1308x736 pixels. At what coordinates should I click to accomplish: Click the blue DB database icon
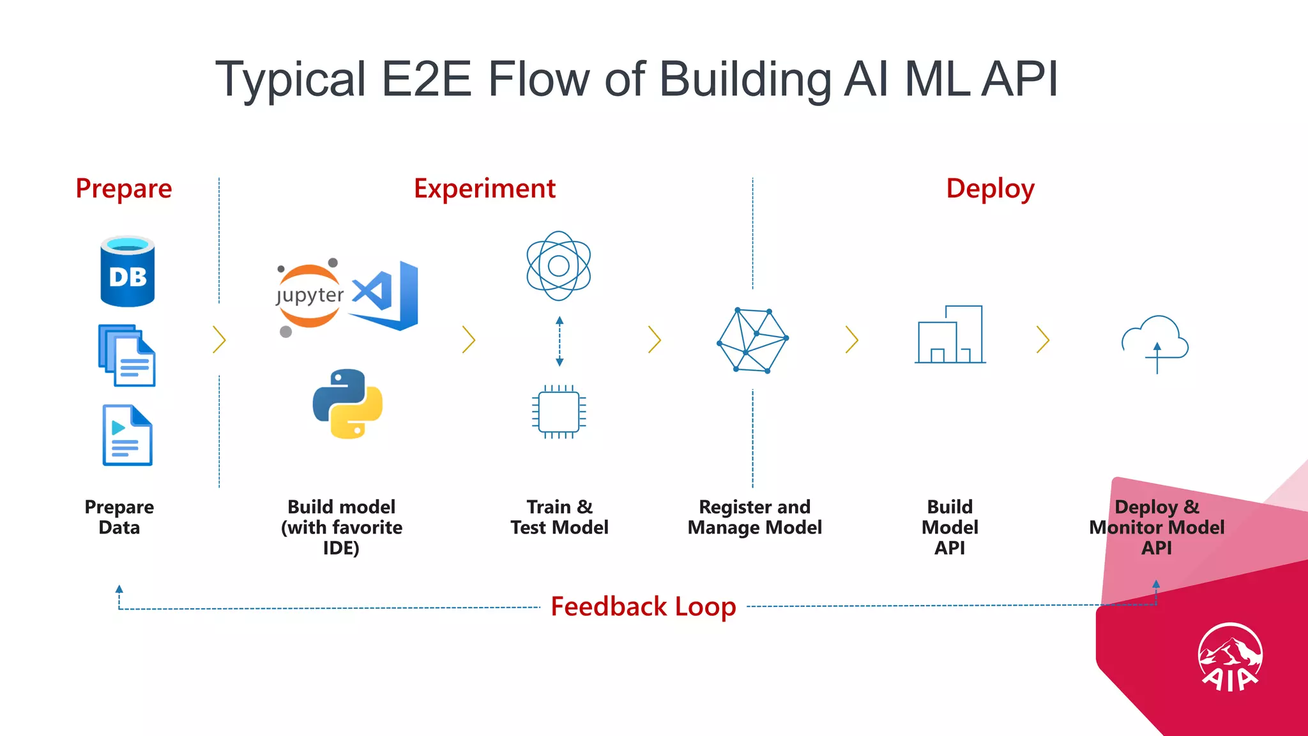coord(127,272)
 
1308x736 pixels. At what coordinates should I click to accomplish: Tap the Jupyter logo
coord(309,296)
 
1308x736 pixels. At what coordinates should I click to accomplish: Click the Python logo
coord(347,404)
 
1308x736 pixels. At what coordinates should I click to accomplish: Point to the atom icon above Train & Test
coord(558,266)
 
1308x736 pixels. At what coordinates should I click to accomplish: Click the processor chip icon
coord(559,412)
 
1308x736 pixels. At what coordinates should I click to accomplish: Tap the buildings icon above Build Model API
coord(950,335)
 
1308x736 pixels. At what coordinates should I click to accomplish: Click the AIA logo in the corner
coord(1229,658)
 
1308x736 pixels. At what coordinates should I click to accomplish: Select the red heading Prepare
coord(124,189)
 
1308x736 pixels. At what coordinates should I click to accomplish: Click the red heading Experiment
coord(484,189)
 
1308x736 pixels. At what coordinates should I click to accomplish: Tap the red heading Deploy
coord(990,189)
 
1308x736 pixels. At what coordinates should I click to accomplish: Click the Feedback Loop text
coord(643,606)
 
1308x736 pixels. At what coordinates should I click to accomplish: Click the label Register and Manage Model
coord(754,517)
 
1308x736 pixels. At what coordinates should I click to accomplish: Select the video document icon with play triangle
coord(127,435)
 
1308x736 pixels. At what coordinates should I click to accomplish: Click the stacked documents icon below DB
coord(126,355)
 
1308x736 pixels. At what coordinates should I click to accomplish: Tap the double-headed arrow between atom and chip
coord(559,341)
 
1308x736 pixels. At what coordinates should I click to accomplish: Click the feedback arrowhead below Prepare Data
coord(119,589)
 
